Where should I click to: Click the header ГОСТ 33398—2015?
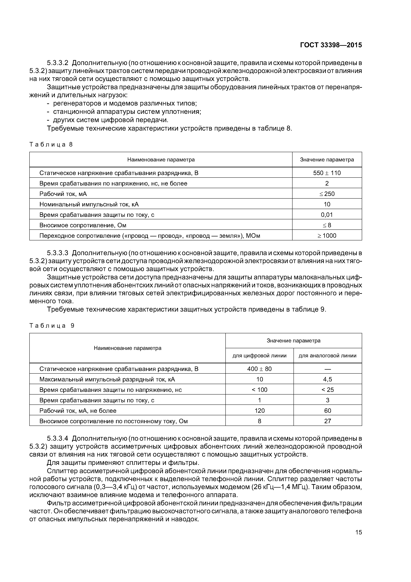[331, 45]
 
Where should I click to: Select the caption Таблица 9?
[52, 326]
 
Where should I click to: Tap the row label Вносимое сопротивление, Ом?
[83, 225]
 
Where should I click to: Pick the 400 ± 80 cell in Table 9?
[259, 369]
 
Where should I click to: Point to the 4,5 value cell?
[327, 379]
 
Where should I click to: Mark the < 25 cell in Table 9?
[327, 390]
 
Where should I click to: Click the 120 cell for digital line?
[259, 411]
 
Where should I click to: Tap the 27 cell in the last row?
[327, 421]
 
